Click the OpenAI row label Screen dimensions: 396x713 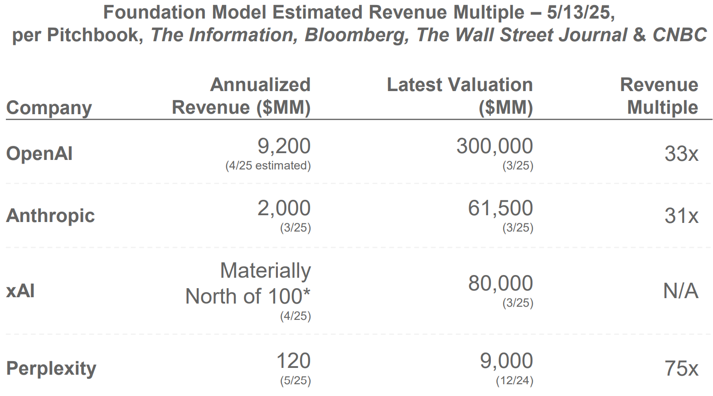click(x=39, y=154)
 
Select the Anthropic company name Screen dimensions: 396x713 click(x=50, y=216)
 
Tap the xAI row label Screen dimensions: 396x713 click(x=20, y=291)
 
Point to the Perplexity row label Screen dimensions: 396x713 click(x=51, y=368)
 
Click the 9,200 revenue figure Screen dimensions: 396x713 click(x=284, y=146)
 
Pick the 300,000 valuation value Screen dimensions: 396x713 click(x=495, y=146)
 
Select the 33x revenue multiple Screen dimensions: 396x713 click(x=681, y=154)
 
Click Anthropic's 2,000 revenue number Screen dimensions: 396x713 click(x=284, y=208)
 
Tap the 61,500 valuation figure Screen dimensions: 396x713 click(x=500, y=208)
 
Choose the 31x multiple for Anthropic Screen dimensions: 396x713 click(x=681, y=216)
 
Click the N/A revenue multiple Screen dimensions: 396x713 click(x=680, y=291)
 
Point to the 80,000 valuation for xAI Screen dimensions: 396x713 click(x=500, y=284)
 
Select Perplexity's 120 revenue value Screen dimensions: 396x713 click(x=293, y=361)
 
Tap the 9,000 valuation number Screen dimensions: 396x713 click(x=506, y=361)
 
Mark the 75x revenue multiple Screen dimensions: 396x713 click(x=681, y=369)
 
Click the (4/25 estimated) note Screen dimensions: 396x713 click(x=268, y=166)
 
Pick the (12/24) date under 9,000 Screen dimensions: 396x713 click(x=514, y=381)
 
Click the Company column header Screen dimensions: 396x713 click(x=49, y=108)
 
